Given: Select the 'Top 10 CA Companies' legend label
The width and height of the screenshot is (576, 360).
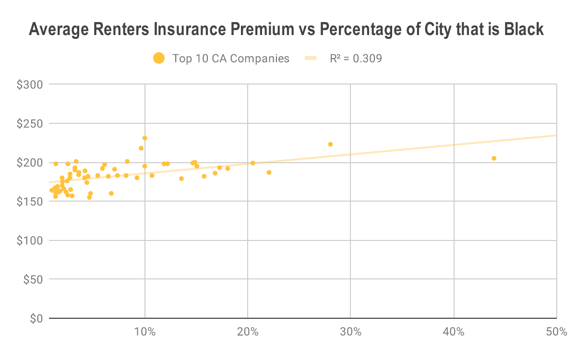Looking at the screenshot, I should point(230,59).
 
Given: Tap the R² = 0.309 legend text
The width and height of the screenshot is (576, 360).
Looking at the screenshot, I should point(356,59).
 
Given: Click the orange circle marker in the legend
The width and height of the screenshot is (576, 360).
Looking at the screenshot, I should point(158,59).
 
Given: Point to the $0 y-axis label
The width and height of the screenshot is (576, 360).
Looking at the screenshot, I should point(36,318).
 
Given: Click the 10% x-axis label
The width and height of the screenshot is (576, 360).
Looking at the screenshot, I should point(144,332).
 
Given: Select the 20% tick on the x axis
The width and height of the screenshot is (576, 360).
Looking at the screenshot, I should point(247,332).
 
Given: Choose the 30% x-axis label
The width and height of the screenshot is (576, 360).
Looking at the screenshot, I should point(350,332).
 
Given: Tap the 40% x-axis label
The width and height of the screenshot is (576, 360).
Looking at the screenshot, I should point(454,332).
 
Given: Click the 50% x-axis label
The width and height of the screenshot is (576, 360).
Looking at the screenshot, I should point(556,332).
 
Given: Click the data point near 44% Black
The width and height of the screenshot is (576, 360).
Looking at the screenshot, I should point(494,158).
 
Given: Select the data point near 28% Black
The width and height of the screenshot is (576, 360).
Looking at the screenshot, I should point(330,144).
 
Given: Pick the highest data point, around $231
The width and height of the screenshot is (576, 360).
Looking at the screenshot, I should point(144,138).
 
